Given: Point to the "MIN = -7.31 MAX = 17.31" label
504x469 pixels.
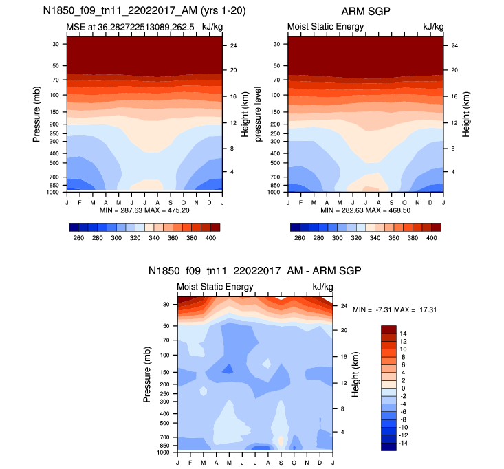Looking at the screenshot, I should point(395,310).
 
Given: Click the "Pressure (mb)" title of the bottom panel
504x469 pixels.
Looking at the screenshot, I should point(148,375).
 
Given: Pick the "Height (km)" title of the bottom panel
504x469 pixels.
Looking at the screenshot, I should point(355,375).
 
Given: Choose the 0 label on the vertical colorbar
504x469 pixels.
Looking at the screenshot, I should point(404,388).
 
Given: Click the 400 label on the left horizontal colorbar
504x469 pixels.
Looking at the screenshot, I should point(211,237).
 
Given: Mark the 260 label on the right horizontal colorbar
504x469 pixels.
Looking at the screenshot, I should point(299,237).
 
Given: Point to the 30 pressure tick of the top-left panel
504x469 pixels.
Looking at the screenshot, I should point(55,44).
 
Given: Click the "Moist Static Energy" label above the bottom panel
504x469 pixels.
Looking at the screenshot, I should point(215,287).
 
